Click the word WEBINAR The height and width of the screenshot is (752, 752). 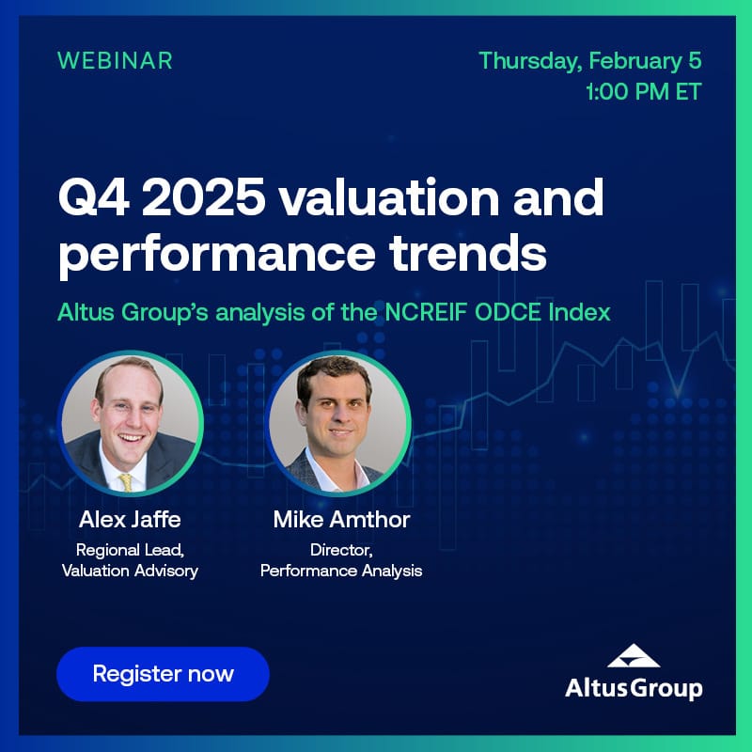tap(115, 61)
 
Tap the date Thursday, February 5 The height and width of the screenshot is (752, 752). tap(590, 61)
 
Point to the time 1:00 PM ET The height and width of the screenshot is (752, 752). tap(644, 91)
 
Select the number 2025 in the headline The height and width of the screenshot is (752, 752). tap(204, 196)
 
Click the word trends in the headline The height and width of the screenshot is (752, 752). tap(467, 252)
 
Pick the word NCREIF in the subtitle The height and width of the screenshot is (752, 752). tap(426, 312)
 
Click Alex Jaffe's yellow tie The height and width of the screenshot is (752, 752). tap(126, 481)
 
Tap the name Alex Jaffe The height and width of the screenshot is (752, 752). tap(130, 520)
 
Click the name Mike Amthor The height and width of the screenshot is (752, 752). tap(341, 520)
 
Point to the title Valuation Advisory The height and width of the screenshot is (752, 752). tap(130, 571)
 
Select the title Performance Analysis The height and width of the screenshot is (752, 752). tap(341, 571)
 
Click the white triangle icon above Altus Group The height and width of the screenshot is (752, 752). tap(634, 655)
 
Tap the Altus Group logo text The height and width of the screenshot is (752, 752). tap(634, 688)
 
